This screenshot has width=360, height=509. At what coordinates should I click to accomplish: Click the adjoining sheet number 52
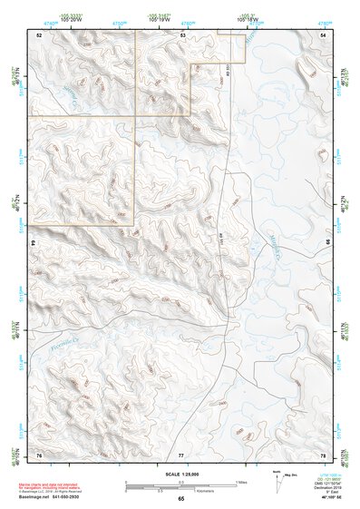pyautogui.click(x=39, y=34)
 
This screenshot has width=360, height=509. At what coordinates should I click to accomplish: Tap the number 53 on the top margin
pyautogui.click(x=182, y=34)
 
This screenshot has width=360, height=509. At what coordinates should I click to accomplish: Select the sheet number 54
pyautogui.click(x=324, y=34)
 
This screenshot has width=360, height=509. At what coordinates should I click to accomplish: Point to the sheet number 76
pyautogui.click(x=39, y=454)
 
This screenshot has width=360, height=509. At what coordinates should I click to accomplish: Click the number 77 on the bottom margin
pyautogui.click(x=181, y=454)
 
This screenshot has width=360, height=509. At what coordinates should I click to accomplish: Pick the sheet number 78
pyautogui.click(x=324, y=454)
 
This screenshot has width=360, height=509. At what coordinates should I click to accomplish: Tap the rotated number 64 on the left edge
pyautogui.click(x=35, y=243)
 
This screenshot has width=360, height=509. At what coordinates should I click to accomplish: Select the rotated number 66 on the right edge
pyautogui.click(x=327, y=243)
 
